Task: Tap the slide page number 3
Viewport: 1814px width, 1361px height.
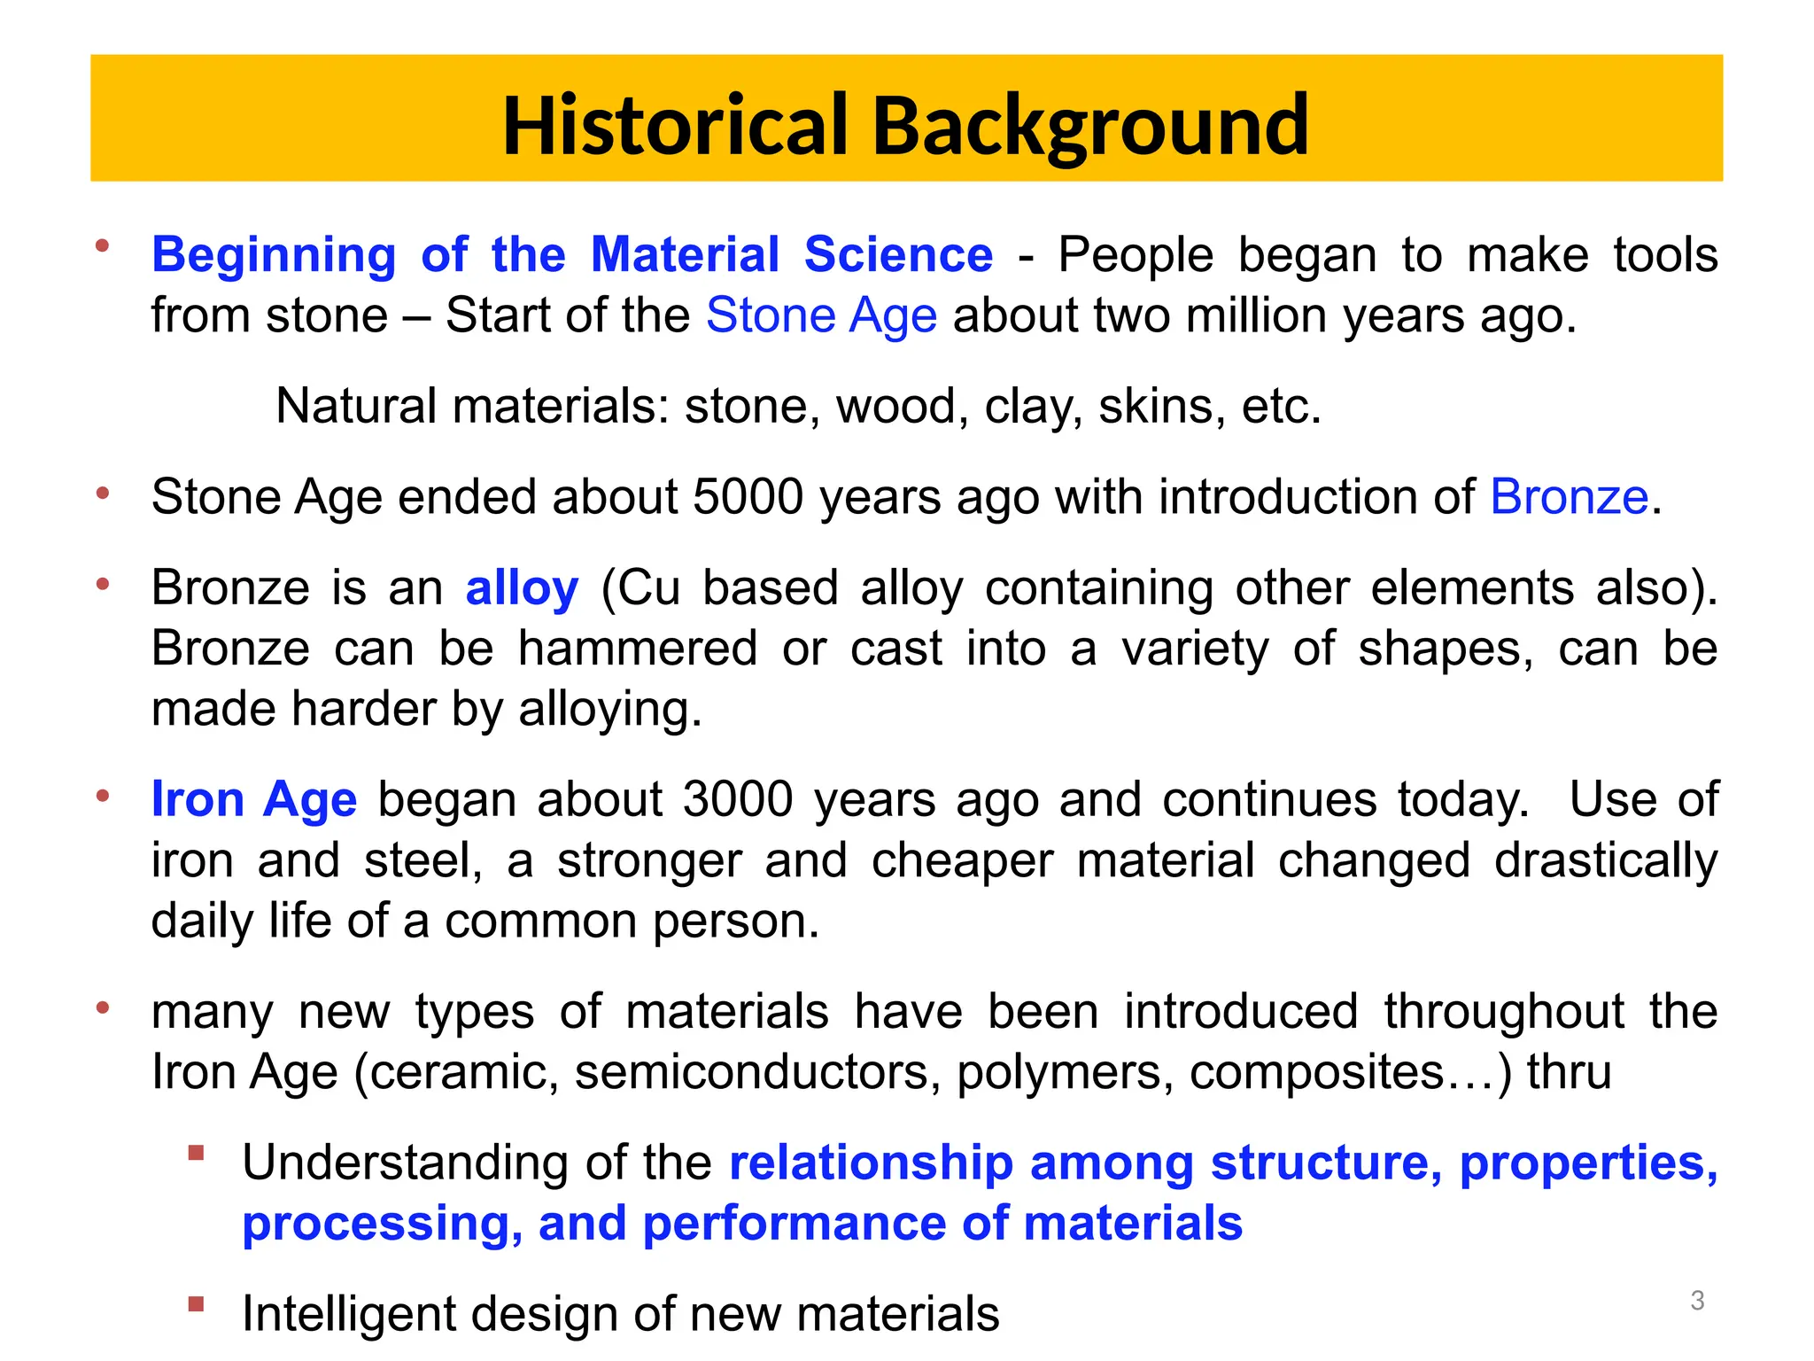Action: [x=1696, y=1300]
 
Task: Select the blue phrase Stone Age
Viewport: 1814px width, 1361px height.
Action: [x=821, y=315]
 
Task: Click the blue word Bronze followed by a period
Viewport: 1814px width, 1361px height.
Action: [x=1569, y=496]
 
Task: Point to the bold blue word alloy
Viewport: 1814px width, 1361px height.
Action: [x=522, y=587]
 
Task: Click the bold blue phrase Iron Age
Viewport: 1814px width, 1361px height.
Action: [x=254, y=799]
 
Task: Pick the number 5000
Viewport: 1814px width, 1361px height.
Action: [x=748, y=496]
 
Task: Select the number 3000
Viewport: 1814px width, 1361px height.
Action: [x=738, y=799]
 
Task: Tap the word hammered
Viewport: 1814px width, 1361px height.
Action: [x=637, y=649]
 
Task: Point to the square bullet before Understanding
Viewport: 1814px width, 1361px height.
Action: [x=196, y=1153]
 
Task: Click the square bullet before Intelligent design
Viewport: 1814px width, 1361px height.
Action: [x=196, y=1304]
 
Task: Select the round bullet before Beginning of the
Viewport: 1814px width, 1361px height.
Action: [x=103, y=245]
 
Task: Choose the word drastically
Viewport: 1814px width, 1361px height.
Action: [x=1605, y=860]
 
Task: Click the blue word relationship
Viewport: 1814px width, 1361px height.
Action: [x=871, y=1163]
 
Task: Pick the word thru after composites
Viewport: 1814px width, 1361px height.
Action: [x=1568, y=1072]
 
